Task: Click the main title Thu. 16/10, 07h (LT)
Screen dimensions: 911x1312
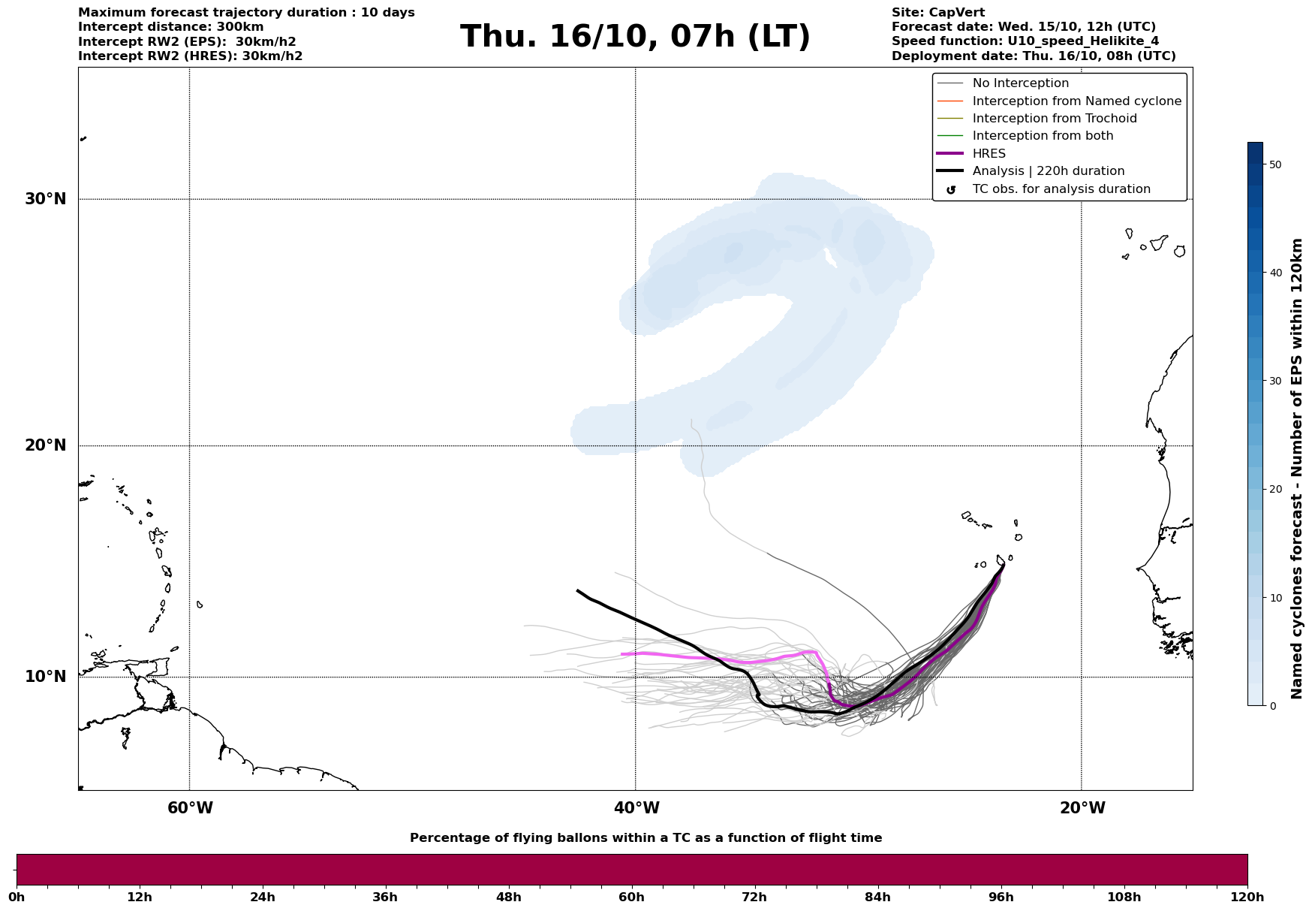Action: (x=635, y=37)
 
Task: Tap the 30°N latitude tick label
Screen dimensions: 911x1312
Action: (x=45, y=199)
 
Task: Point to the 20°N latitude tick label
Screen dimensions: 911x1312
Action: (x=45, y=445)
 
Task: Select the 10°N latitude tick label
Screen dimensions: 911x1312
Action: (x=45, y=677)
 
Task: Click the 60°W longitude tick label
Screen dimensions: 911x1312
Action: (x=190, y=808)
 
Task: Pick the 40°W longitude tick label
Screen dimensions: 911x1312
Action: (x=636, y=808)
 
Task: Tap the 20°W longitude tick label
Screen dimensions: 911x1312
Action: (x=1082, y=808)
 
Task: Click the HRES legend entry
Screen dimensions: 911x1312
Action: (x=989, y=154)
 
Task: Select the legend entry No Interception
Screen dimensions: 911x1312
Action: (x=1020, y=83)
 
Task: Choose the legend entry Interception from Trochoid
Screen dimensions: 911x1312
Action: (x=1054, y=119)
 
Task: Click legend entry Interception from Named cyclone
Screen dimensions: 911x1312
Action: (x=1076, y=101)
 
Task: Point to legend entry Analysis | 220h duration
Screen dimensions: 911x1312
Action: (x=1048, y=171)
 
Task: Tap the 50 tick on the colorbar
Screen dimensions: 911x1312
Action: (x=1274, y=164)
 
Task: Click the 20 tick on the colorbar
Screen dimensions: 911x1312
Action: (x=1274, y=490)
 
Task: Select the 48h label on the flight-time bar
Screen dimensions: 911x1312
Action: (x=509, y=897)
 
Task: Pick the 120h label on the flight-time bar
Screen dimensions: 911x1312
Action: (x=1247, y=897)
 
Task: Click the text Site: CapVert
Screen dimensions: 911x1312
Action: (x=937, y=13)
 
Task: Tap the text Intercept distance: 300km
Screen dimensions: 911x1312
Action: (x=170, y=27)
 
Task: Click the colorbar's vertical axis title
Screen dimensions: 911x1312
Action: (x=1297, y=469)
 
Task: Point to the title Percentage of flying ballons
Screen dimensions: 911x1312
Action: (x=645, y=838)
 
